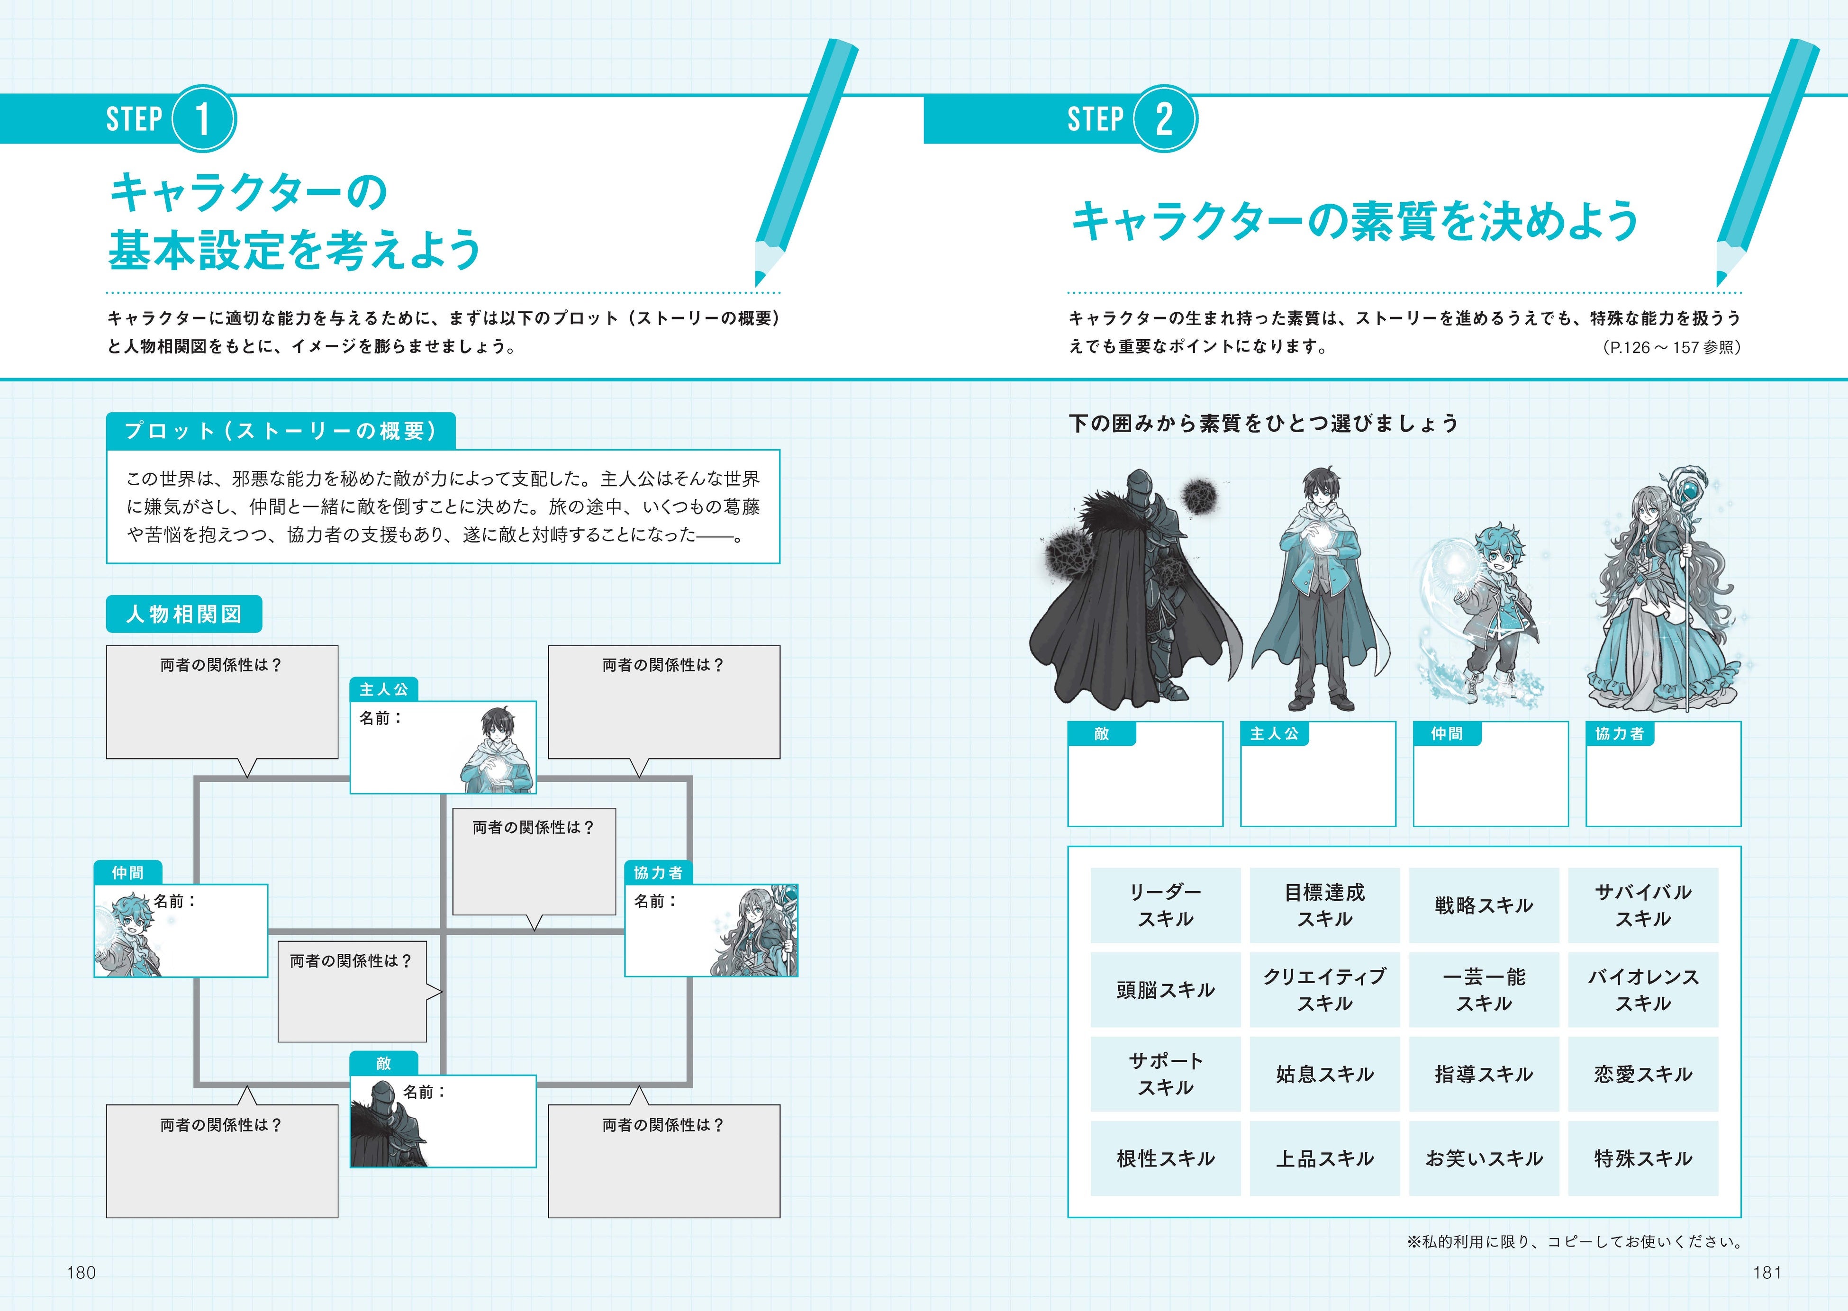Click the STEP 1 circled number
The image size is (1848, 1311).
click(x=203, y=118)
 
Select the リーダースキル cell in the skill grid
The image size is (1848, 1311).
click(x=1165, y=905)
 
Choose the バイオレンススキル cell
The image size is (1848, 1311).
click(x=1642, y=990)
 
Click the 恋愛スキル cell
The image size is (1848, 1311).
click(x=1642, y=1074)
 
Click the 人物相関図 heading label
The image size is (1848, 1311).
click(x=184, y=615)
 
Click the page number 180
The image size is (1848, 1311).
click(x=81, y=1272)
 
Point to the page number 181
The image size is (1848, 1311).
click(x=1767, y=1272)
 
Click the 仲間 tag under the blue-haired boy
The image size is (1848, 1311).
click(x=1447, y=733)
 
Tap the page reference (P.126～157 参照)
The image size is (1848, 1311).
click(x=1671, y=347)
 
